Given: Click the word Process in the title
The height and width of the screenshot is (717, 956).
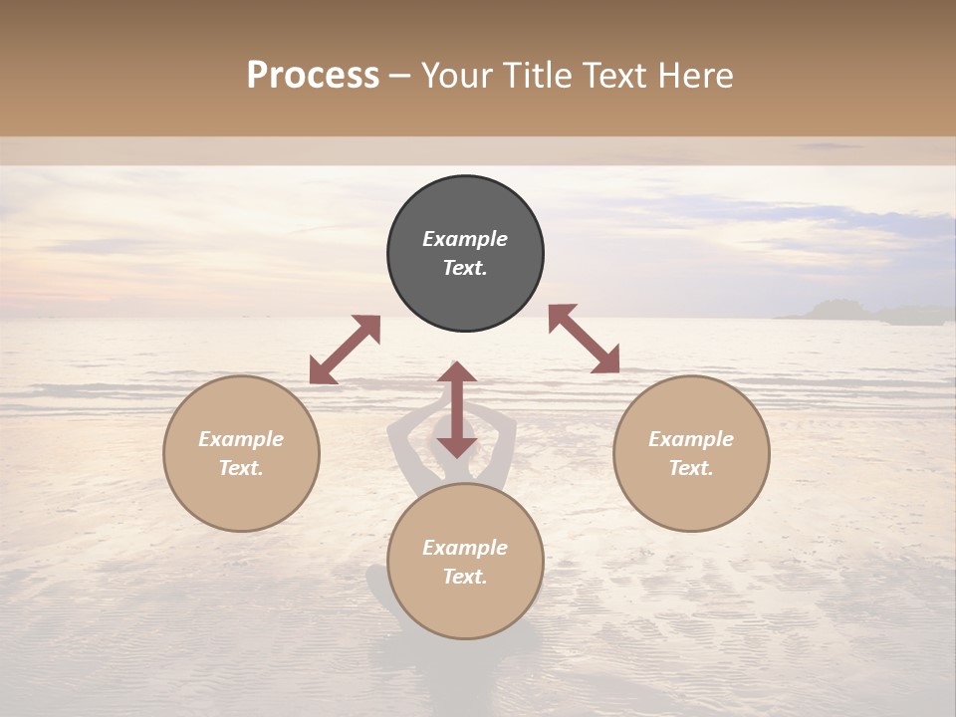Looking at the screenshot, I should (313, 76).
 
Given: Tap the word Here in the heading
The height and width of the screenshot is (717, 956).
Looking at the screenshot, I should (696, 76).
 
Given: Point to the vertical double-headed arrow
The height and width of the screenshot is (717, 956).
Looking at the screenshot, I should (457, 410).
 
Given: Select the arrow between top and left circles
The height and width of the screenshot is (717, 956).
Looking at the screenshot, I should (345, 350).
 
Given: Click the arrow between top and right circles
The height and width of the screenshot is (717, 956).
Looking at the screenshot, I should (584, 339).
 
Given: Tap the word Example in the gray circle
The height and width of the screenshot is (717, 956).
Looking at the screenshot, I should (465, 239).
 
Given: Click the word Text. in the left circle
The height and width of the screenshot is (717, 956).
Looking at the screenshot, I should (241, 468).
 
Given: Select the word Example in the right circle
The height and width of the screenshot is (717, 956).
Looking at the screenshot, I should (691, 439).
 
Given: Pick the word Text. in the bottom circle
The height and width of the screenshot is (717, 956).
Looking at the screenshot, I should (465, 577).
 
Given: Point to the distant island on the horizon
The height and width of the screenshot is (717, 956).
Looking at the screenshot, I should (846, 311).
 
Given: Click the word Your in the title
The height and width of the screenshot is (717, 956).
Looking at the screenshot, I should (454, 76).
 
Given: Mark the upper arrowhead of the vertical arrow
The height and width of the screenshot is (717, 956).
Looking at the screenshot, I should (457, 372).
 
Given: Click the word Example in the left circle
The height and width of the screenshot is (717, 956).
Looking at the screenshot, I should (241, 439).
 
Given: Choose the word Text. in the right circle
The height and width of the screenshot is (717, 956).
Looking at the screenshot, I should (691, 468).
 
